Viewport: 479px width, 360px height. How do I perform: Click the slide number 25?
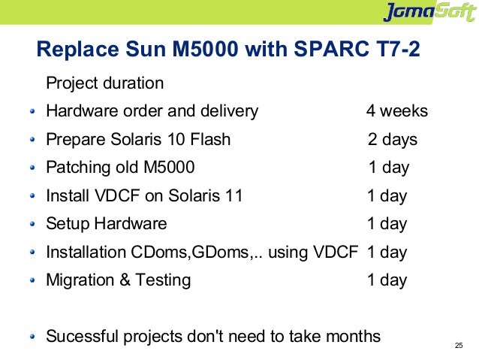[459, 346]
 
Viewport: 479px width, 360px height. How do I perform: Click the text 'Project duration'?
[105, 83]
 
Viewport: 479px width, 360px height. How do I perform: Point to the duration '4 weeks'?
[396, 111]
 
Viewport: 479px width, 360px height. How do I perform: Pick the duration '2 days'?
[393, 140]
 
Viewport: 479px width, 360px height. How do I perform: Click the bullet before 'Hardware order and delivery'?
[32, 112]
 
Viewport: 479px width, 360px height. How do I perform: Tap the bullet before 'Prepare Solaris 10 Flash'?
[32, 141]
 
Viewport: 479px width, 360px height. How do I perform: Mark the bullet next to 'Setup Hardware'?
[32, 225]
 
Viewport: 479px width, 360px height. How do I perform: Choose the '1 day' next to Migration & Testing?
[387, 280]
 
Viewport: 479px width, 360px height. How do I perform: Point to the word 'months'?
[353, 336]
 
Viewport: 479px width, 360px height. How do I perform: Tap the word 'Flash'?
[209, 140]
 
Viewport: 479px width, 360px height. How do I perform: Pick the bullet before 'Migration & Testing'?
[32, 281]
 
